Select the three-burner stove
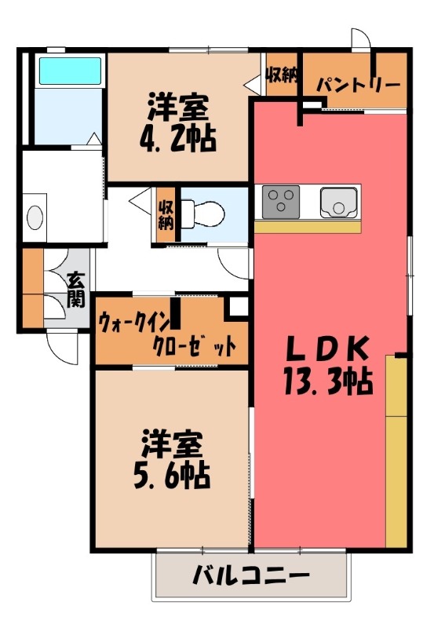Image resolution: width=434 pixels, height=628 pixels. pyautogui.click(x=279, y=201)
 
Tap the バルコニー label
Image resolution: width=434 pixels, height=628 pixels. pyautogui.click(x=250, y=578)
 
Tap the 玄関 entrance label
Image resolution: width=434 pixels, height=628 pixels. pyautogui.click(x=76, y=289)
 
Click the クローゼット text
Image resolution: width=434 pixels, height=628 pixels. pyautogui.click(x=193, y=346)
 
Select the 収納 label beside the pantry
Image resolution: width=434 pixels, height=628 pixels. pyautogui.click(x=280, y=77)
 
